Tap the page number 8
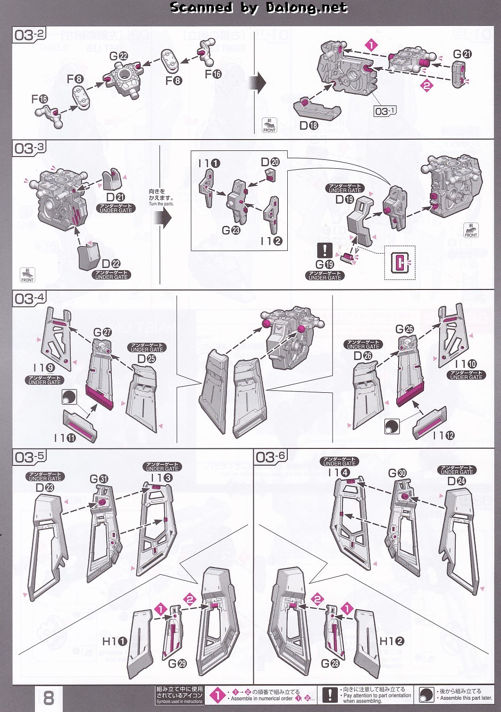click(x=48, y=697)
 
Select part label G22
click(x=118, y=56)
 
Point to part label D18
click(x=309, y=125)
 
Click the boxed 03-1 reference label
click(x=385, y=111)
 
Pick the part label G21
click(x=462, y=54)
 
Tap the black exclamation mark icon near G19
click(x=325, y=250)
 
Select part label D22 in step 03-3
click(x=111, y=264)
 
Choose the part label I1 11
click(x=65, y=438)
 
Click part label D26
click(x=363, y=356)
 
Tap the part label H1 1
click(x=115, y=641)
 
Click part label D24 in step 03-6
click(x=456, y=481)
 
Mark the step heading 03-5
click(x=30, y=457)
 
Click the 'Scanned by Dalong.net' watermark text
click(x=259, y=8)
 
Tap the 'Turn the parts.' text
click(x=161, y=204)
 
